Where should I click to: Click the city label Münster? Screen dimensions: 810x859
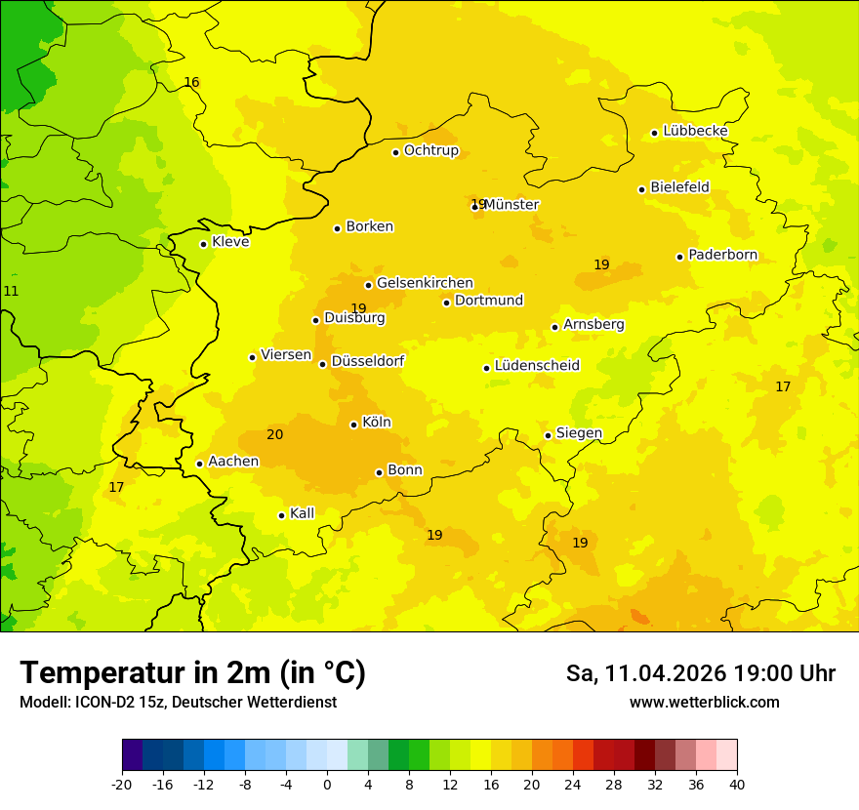(x=511, y=205)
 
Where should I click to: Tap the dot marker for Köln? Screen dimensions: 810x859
(x=353, y=425)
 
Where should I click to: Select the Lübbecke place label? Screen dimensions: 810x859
(x=695, y=131)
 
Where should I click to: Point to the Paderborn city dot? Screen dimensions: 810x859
(x=680, y=257)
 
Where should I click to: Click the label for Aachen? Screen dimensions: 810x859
(x=233, y=462)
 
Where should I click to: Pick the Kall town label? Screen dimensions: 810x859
(x=302, y=513)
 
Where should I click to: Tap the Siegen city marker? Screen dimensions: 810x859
(x=548, y=435)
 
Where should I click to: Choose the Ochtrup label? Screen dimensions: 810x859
(x=430, y=150)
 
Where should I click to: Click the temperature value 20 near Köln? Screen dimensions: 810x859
(x=275, y=434)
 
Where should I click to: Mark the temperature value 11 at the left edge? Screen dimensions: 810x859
(x=11, y=291)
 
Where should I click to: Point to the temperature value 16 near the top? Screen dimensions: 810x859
(x=191, y=82)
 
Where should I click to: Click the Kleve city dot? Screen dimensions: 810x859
(x=203, y=244)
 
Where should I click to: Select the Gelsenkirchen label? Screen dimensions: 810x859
(x=425, y=283)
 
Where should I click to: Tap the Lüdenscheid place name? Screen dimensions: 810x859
(x=537, y=366)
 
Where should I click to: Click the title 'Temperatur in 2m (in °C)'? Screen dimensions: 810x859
(x=192, y=673)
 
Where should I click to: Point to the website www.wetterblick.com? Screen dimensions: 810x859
(x=704, y=702)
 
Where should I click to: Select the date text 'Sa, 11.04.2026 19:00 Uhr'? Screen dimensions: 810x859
(x=700, y=673)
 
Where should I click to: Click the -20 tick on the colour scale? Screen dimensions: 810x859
(x=121, y=784)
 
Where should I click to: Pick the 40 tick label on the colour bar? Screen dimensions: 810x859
(x=737, y=784)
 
